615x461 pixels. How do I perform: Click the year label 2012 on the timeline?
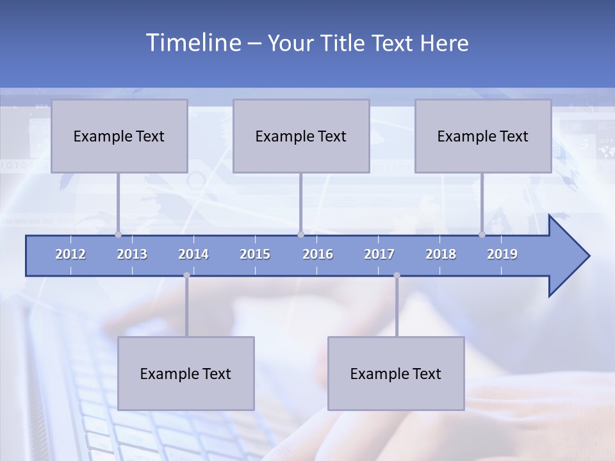point(70,254)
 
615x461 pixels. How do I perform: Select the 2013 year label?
point(132,254)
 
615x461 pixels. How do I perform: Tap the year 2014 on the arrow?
point(193,254)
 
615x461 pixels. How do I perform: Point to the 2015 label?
point(255,254)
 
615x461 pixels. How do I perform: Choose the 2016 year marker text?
point(318,254)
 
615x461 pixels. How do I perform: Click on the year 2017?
point(379,254)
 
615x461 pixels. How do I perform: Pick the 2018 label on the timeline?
point(441,254)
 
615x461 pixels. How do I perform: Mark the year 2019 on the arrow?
point(502,254)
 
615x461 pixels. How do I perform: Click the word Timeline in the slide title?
point(193,43)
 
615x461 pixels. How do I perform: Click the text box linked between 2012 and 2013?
point(119,136)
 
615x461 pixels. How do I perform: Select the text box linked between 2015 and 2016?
point(301,136)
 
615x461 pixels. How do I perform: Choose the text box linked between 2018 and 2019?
point(483,136)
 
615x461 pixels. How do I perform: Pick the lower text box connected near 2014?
point(186,373)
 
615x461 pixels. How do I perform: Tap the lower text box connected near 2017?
point(396,373)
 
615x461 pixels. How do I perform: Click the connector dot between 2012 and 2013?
point(119,234)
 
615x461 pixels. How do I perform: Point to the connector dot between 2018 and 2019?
point(482,234)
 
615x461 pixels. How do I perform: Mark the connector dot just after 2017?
point(397,275)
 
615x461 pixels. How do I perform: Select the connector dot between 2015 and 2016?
point(300,234)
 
